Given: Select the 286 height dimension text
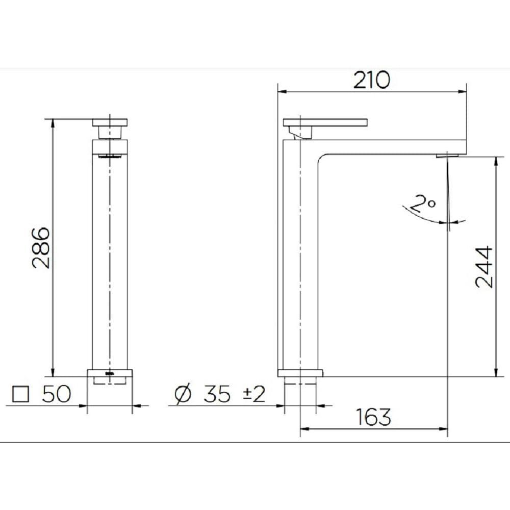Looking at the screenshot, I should tap(40, 248).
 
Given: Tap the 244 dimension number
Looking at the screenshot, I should tap(484, 267).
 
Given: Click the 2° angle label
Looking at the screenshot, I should tap(423, 205).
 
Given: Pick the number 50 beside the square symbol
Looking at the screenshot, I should tap(55, 395).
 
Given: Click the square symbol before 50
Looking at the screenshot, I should tap(21, 395).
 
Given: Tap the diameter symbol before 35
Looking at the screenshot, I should tap(182, 395).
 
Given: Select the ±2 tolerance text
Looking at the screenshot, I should tap(253, 395).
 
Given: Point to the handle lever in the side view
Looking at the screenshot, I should tap(325, 122).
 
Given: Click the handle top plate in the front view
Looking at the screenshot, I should tap(110, 122).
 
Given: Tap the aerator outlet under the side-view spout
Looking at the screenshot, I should tap(448, 154).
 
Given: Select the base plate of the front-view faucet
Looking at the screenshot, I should tap(110, 373).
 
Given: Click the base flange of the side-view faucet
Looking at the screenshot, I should tap(300, 372).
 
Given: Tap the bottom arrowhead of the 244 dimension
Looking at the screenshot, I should tap(495, 373).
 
